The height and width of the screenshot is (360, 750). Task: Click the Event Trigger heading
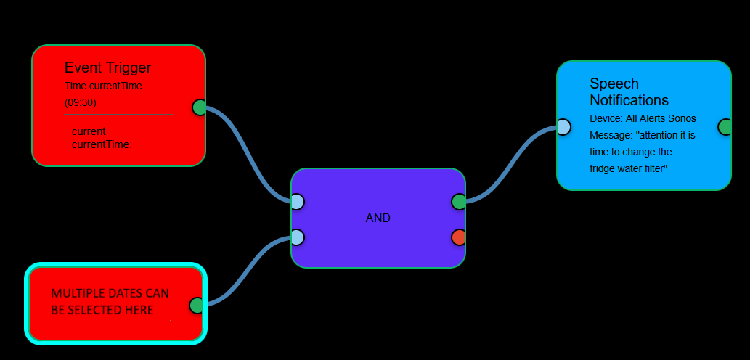[x=107, y=67]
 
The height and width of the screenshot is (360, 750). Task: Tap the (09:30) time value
[x=81, y=102]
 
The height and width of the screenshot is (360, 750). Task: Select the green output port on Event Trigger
[x=200, y=107]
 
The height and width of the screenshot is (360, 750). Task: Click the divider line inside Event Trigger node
[x=118, y=115]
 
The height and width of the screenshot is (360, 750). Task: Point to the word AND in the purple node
[x=378, y=218]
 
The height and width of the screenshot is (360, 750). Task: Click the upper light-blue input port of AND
[x=297, y=202]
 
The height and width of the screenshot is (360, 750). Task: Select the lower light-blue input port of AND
[x=297, y=237]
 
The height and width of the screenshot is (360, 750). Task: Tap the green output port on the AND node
[x=459, y=202]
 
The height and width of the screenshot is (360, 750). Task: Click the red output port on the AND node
[x=459, y=237]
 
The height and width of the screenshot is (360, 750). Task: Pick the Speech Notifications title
[x=629, y=91]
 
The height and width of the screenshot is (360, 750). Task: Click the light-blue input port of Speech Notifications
[x=563, y=128]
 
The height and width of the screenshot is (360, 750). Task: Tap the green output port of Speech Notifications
[x=725, y=127]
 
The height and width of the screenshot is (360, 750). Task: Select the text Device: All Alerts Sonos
[x=643, y=118]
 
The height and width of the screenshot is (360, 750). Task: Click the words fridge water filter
[x=628, y=168]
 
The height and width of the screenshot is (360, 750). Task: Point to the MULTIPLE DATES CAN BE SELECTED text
[x=110, y=302]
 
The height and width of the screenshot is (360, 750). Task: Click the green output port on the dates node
[x=196, y=306]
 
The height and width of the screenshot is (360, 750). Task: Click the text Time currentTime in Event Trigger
[x=103, y=86]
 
